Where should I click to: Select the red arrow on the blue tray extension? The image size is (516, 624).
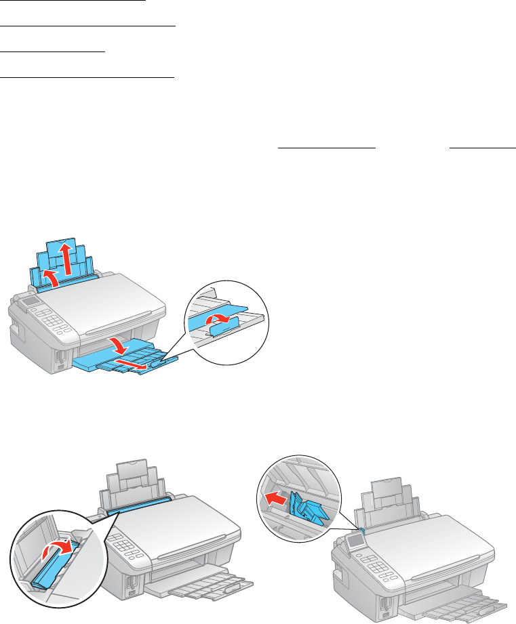pos(133,367)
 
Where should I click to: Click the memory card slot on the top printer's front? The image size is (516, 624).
pos(60,356)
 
